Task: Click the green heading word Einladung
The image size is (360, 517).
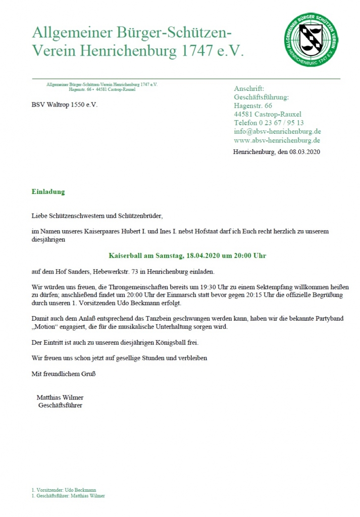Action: pyautogui.click(x=48, y=192)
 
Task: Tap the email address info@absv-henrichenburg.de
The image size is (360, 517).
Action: pyautogui.click(x=277, y=131)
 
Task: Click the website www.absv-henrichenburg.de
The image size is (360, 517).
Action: pyautogui.click(x=277, y=140)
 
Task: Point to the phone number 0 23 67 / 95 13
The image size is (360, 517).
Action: pyautogui.click(x=281, y=123)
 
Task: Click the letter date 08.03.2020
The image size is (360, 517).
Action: pyautogui.click(x=305, y=151)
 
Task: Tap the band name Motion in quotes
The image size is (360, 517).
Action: pyautogui.click(x=44, y=327)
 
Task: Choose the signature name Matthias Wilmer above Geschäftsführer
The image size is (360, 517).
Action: pyautogui.click(x=60, y=397)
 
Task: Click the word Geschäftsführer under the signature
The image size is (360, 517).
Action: pyautogui.click(x=60, y=405)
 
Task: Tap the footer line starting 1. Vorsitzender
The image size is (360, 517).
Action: pyautogui.click(x=64, y=490)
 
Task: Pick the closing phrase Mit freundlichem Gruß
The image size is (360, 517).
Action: pyautogui.click(x=64, y=374)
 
